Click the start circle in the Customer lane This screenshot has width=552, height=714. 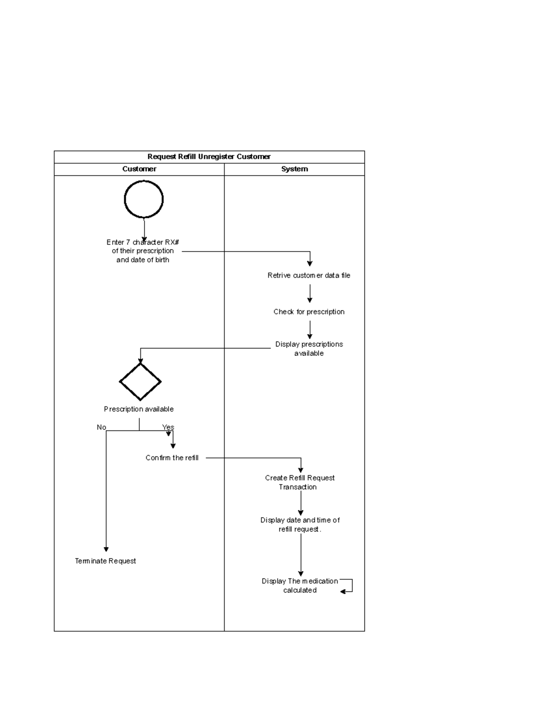[144, 199]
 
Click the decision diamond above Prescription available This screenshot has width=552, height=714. [140, 381]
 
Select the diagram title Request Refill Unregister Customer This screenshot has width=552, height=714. [209, 157]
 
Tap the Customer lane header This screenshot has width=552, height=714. [139, 169]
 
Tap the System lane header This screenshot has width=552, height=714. [294, 169]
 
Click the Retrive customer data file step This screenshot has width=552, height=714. [309, 275]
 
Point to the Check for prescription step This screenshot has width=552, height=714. [309, 312]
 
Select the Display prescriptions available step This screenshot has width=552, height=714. [309, 348]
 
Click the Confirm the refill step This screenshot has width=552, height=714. [172, 458]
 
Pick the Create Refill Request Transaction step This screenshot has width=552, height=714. [299, 482]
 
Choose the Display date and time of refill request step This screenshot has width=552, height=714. [300, 525]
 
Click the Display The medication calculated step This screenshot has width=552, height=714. [299, 585]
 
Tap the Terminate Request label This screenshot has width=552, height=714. [105, 561]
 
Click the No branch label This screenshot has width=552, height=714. [101, 427]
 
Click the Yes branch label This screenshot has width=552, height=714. [168, 427]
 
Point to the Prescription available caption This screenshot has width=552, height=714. [138, 409]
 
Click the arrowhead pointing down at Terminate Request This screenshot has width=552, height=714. [106, 549]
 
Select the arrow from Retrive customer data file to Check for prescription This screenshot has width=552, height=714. [310, 293]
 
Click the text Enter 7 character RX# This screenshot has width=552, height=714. [143, 242]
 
